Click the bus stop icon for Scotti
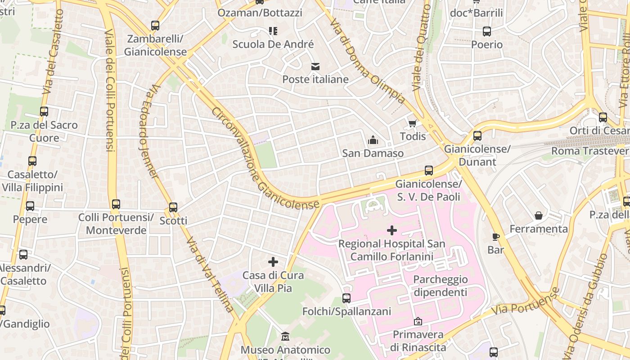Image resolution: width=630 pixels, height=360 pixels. point(173,207)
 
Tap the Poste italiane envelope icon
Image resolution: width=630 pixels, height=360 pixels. point(315,67)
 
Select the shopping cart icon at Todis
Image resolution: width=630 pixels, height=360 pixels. point(412,123)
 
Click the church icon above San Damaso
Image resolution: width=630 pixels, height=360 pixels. point(373,140)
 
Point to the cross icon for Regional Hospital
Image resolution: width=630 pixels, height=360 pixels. point(392,230)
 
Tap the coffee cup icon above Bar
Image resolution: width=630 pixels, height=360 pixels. point(495,237)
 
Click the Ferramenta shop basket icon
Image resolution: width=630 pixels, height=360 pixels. point(538,216)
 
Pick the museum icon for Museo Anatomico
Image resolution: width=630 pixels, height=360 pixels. point(285,337)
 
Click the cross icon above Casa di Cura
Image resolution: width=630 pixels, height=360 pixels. point(273,262)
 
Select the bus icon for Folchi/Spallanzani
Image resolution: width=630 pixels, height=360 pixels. point(346,298)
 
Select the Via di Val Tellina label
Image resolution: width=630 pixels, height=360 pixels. point(210,274)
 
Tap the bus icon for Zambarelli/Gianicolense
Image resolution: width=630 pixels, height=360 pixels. point(155,26)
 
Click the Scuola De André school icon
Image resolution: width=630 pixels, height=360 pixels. point(273,31)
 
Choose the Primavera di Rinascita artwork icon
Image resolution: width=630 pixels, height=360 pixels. point(418,321)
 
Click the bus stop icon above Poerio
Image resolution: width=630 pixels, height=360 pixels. point(487,31)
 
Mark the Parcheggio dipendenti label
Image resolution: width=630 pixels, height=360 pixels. point(440,286)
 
